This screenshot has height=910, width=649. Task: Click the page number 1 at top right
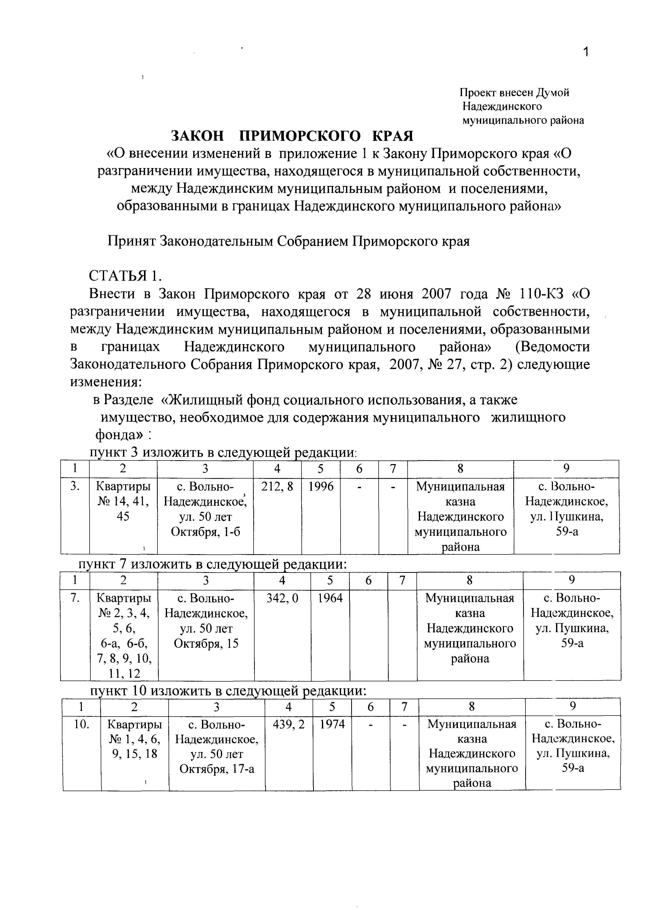click(x=586, y=52)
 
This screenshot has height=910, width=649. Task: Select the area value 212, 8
click(x=277, y=486)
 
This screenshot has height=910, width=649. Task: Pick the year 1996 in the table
click(x=321, y=486)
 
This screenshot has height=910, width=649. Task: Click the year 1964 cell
click(x=330, y=598)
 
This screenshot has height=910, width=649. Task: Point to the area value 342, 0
click(x=282, y=598)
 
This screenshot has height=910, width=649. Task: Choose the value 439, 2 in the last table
click(x=289, y=724)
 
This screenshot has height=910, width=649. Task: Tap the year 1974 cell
click(x=332, y=724)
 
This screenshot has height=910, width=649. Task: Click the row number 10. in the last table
click(x=82, y=724)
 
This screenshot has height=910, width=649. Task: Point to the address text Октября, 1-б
click(x=205, y=532)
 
